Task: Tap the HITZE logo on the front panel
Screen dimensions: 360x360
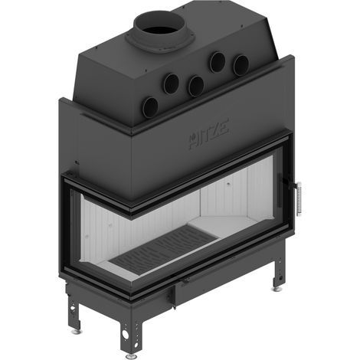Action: tap(208, 134)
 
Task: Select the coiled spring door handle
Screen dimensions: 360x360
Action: tap(299, 198)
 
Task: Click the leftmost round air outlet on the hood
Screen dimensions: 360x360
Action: tap(150, 107)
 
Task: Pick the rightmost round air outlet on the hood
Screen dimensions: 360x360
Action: tap(241, 65)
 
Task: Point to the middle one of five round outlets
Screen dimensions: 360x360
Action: tap(196, 86)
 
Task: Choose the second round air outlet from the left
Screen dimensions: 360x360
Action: tap(172, 83)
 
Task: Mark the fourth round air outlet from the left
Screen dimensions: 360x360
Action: tap(218, 61)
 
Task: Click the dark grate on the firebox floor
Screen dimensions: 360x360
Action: tap(162, 249)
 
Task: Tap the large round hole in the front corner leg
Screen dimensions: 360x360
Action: tap(126, 335)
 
